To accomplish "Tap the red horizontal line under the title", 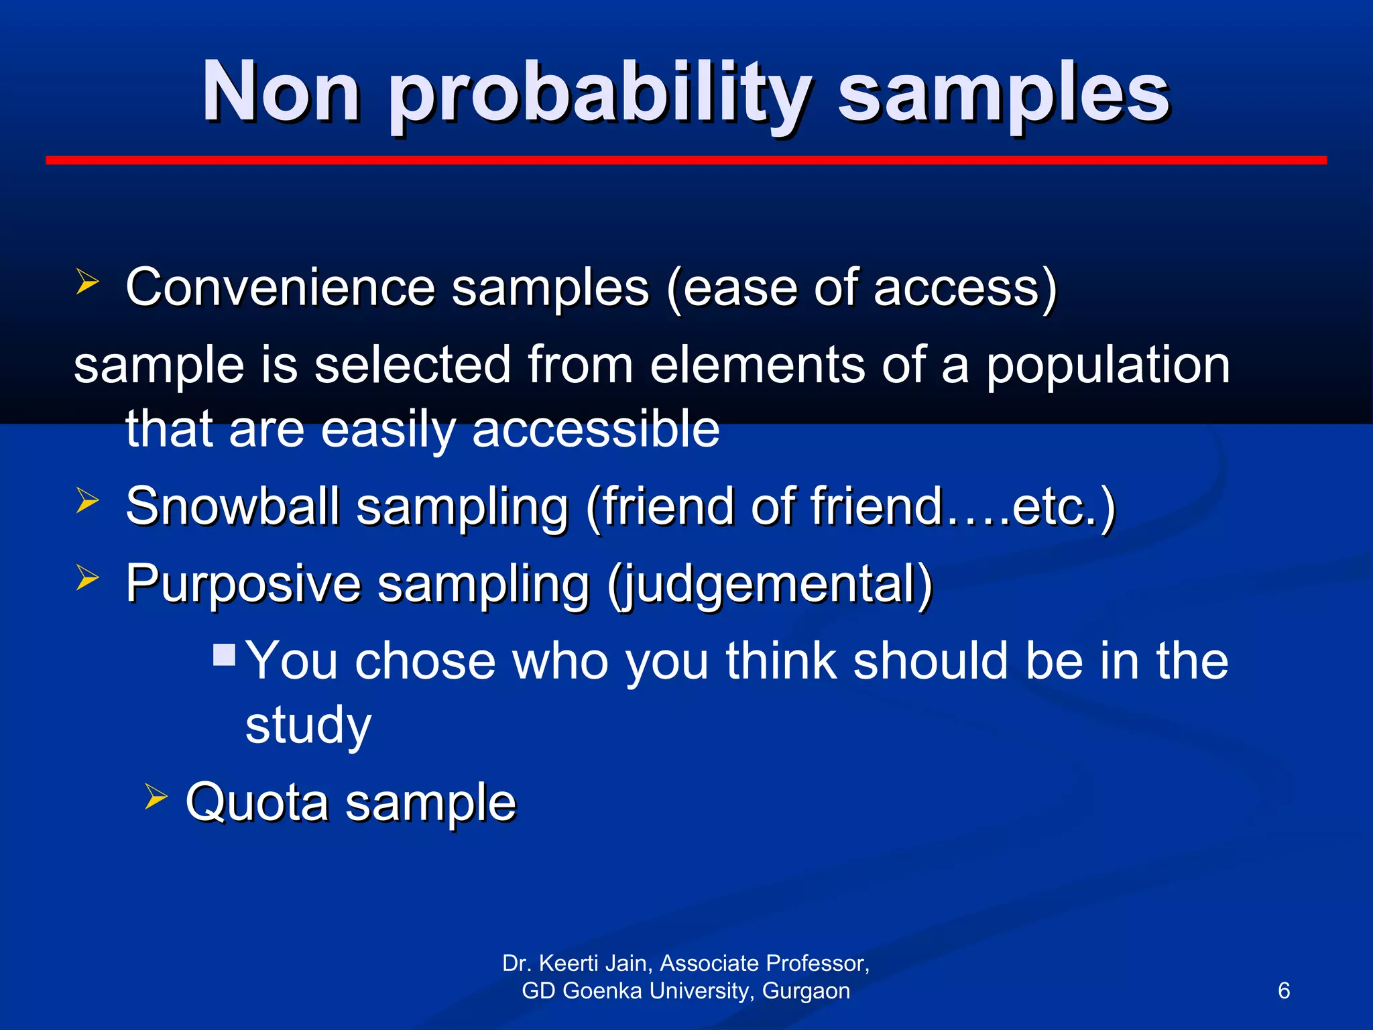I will click(x=685, y=160).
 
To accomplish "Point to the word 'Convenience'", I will click(x=281, y=288).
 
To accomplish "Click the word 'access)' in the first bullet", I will click(x=965, y=288).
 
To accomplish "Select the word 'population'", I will click(x=1108, y=365).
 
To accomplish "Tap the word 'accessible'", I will click(x=596, y=429).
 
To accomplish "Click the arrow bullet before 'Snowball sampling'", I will click(x=87, y=500).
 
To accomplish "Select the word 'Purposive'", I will click(x=243, y=583).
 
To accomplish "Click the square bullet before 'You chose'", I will click(x=225, y=654).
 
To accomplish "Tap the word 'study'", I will click(x=308, y=726).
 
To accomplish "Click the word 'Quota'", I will click(x=257, y=802).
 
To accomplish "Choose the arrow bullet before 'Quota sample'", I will click(x=156, y=797).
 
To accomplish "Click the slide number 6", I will click(x=1284, y=991).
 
